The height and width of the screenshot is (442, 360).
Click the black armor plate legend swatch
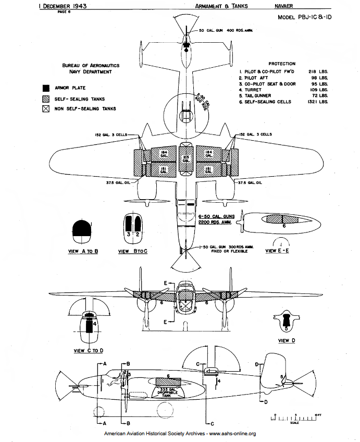coord(46,88)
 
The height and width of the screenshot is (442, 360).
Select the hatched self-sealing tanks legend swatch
coord(46,99)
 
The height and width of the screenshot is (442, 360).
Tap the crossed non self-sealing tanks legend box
coord(46,109)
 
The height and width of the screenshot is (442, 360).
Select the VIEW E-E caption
coord(278,251)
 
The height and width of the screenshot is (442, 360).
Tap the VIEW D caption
coord(284,340)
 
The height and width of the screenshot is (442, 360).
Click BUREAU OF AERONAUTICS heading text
coord(91,65)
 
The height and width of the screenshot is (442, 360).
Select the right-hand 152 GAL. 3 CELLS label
coord(256,134)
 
